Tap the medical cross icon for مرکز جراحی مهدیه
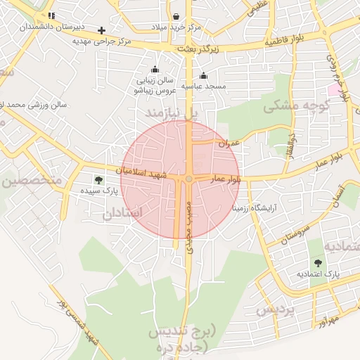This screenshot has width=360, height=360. pyautogui.click(x=102, y=30)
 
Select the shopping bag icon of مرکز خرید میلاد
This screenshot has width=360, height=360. pyautogui.click(x=175, y=16)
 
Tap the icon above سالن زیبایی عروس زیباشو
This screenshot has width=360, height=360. pyautogui.click(x=155, y=70)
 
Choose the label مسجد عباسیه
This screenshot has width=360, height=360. pyautogui.click(x=203, y=86)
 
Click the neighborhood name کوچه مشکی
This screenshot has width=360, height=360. pyautogui.click(x=297, y=105)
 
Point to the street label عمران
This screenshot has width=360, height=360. pyautogui.click(x=229, y=143)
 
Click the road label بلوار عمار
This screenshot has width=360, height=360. pyautogui.click(x=226, y=180)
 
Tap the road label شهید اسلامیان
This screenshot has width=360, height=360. pyautogui.click(x=143, y=172)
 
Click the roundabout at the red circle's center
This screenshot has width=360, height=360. pyautogui.click(x=188, y=180)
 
